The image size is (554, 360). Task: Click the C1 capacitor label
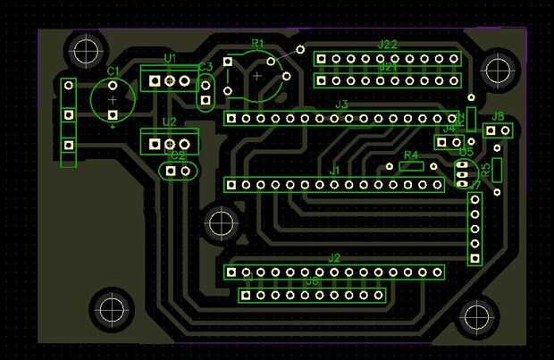click(113, 71)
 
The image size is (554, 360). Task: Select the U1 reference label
click(170, 59)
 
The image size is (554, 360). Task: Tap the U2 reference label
click(169, 122)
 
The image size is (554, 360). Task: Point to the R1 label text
click(258, 44)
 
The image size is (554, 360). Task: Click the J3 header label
click(341, 105)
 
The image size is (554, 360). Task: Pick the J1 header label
click(335, 170)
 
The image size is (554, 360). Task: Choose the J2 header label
click(334, 258)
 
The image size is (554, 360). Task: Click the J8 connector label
click(499, 116)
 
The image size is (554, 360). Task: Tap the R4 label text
click(411, 155)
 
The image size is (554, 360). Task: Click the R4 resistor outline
click(411, 166)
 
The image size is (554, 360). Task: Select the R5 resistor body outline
click(497, 170)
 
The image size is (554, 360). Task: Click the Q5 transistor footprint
click(464, 173)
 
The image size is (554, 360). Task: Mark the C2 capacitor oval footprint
click(178, 170)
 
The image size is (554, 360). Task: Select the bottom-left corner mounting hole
click(113, 309)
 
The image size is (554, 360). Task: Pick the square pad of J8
click(491, 131)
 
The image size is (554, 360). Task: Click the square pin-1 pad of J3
click(231, 118)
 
